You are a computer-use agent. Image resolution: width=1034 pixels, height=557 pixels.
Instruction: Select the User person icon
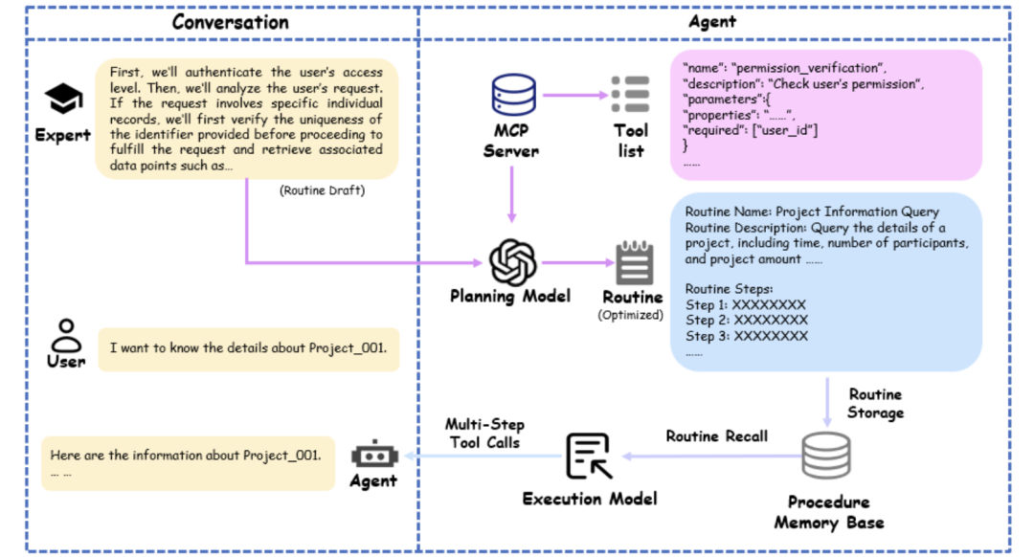pyautogui.click(x=65, y=335)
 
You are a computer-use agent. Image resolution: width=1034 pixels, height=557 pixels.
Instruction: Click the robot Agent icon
pyautogui.click(x=373, y=454)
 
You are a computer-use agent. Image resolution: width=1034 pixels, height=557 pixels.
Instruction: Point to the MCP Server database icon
pyautogui.click(x=509, y=96)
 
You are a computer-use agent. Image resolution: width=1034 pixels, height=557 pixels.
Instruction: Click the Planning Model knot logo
pyautogui.click(x=509, y=260)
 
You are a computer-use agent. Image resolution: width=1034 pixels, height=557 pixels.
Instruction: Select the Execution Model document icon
pyautogui.click(x=589, y=456)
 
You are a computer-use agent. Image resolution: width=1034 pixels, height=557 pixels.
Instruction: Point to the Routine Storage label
pyautogui.click(x=875, y=403)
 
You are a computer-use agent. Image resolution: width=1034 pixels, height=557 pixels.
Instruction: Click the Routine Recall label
pyautogui.click(x=716, y=436)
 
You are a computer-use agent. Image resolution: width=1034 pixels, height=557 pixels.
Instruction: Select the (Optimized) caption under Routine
pyautogui.click(x=631, y=314)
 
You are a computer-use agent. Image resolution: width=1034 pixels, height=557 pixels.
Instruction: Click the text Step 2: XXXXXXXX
pyautogui.click(x=746, y=321)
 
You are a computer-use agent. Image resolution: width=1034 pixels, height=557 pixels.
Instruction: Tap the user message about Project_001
pyautogui.click(x=249, y=348)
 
